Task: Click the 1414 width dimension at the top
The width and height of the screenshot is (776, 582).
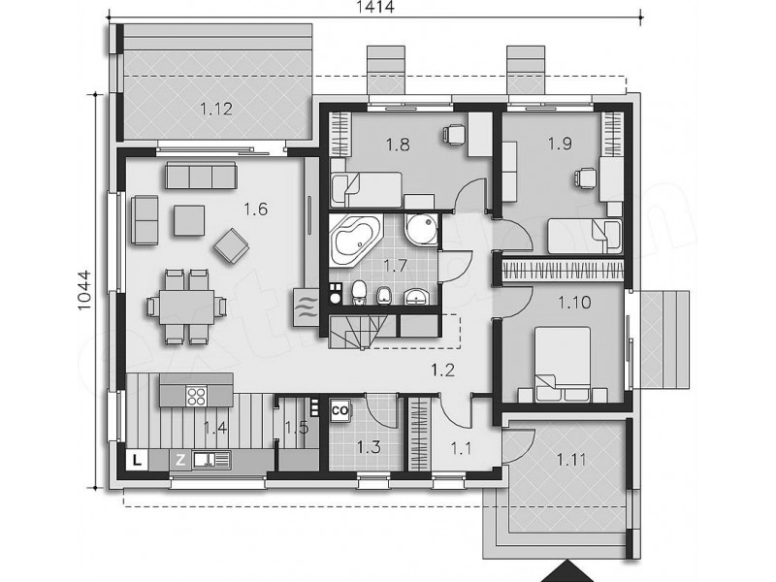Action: click(375, 7)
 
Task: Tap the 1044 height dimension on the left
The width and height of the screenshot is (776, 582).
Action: click(84, 290)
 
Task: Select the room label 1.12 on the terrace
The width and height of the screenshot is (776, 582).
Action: click(216, 109)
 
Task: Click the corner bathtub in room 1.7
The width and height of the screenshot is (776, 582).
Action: click(356, 240)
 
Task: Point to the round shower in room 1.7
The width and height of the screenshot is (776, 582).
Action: click(421, 229)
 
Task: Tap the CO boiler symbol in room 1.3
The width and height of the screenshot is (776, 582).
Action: click(340, 410)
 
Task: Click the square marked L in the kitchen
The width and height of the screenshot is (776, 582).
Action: click(137, 460)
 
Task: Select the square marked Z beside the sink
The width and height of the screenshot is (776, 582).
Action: click(180, 460)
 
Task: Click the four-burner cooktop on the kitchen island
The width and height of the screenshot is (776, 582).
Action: click(197, 396)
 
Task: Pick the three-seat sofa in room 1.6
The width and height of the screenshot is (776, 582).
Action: click(201, 176)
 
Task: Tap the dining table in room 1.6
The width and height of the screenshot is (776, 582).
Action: click(187, 307)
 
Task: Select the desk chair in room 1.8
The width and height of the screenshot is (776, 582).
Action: click(454, 134)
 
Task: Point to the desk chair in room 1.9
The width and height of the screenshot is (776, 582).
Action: click(586, 178)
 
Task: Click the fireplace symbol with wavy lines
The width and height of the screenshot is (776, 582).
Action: click(306, 307)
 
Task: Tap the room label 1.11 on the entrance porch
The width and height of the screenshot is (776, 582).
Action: click(571, 460)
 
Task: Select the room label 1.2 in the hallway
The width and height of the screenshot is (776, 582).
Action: click(443, 370)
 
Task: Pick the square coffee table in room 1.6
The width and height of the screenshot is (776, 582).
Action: click(188, 221)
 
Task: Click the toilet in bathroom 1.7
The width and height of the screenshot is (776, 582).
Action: click(358, 292)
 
